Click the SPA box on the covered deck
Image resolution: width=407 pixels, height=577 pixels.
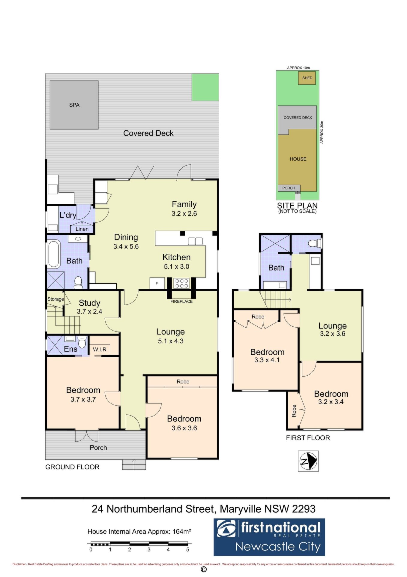[x=74, y=105]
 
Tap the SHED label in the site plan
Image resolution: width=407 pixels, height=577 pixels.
[x=307, y=78]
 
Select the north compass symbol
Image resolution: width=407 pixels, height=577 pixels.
[x=308, y=461]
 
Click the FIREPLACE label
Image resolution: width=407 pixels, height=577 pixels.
[x=181, y=301]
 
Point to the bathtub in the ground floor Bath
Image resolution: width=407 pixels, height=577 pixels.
[x=54, y=254]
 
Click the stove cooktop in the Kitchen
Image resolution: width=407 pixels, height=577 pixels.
[x=182, y=283]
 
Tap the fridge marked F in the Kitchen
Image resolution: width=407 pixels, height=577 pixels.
[x=157, y=283]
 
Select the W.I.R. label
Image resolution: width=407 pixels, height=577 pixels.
[x=100, y=350]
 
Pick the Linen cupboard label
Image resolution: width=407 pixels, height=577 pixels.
[x=82, y=229]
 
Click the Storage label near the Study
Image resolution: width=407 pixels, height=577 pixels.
[x=55, y=299]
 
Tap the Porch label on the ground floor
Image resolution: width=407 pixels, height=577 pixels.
[x=98, y=447]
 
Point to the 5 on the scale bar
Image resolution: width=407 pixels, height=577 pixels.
[x=188, y=550]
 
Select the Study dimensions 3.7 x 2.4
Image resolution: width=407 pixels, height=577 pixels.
[x=89, y=312]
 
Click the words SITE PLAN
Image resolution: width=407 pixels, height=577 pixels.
[x=297, y=206]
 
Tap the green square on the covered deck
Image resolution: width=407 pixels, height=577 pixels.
[x=205, y=87]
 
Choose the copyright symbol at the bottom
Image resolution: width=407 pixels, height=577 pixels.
[x=204, y=569]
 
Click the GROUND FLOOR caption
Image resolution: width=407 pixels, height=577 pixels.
[x=72, y=467]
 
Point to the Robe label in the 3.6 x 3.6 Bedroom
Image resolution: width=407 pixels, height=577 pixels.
[x=183, y=381]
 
